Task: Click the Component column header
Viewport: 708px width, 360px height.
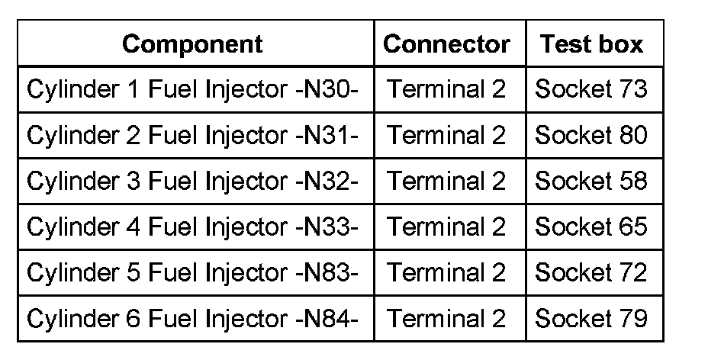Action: pyautogui.click(x=192, y=44)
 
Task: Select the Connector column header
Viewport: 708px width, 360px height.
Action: pyautogui.click(x=446, y=44)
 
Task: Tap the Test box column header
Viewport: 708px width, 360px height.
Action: pyautogui.click(x=592, y=44)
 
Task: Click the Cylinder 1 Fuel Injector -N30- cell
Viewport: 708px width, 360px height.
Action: pyautogui.click(x=192, y=89)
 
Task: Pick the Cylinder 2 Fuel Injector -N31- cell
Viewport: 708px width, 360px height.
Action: pyautogui.click(x=192, y=135)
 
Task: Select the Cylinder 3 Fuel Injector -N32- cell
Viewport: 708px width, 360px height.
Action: pyautogui.click(x=192, y=181)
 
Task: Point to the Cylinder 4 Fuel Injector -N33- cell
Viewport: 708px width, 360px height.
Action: pyautogui.click(x=192, y=227)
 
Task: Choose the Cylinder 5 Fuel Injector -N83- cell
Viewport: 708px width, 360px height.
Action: pyautogui.click(x=192, y=272)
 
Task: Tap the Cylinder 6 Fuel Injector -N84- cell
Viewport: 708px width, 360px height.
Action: pyautogui.click(x=192, y=318)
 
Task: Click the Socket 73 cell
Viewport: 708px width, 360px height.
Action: pyautogui.click(x=591, y=89)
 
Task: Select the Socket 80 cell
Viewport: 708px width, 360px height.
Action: pyautogui.click(x=591, y=135)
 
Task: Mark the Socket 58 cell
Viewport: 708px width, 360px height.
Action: pyautogui.click(x=591, y=181)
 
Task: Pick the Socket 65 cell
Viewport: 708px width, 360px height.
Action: pyautogui.click(x=591, y=227)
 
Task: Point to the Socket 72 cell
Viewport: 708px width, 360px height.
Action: pyautogui.click(x=591, y=272)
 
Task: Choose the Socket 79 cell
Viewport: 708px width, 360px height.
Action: pyautogui.click(x=591, y=318)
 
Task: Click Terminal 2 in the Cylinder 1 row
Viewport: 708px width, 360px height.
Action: pyautogui.click(x=446, y=89)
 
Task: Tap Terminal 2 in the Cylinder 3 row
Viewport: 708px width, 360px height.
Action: pyautogui.click(x=446, y=181)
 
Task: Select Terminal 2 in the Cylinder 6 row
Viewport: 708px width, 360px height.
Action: pyautogui.click(x=446, y=318)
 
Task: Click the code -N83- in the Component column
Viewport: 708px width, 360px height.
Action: pyautogui.click(x=326, y=272)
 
